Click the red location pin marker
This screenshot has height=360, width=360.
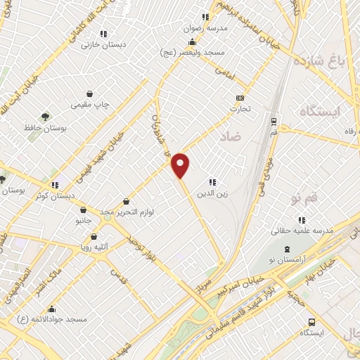pyautogui.click(x=181, y=165)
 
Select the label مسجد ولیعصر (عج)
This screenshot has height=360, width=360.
pyautogui.click(x=193, y=53)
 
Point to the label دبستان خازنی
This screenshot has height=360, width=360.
pyautogui.click(x=103, y=44)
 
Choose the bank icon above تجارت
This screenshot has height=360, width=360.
pyautogui.click(x=240, y=98)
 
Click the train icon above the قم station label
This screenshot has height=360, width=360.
pyautogui.click(x=274, y=120)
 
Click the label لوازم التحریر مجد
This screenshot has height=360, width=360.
pyautogui.click(x=127, y=212)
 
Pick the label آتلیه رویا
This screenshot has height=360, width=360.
pyautogui.click(x=94, y=247)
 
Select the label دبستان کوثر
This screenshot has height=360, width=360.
pyautogui.click(x=56, y=195)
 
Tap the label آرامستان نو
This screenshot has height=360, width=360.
pyautogui.click(x=287, y=261)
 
